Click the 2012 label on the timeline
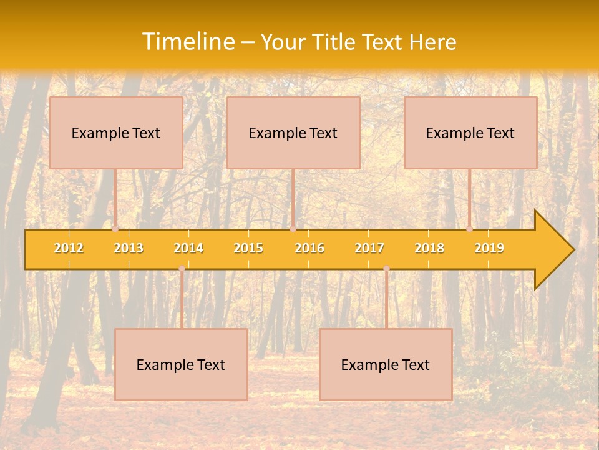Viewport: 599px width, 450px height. (69, 248)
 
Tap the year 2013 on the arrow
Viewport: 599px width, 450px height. (129, 248)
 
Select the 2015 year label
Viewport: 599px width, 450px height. (248, 248)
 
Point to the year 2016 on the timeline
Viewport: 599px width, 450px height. (309, 248)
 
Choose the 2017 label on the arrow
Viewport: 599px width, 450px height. (369, 248)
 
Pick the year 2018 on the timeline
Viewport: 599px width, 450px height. (429, 248)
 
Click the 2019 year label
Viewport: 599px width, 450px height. (489, 248)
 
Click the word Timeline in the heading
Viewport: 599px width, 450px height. (187, 42)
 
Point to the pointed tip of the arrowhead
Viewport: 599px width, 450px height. (573, 250)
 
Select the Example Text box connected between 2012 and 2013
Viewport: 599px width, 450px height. (116, 132)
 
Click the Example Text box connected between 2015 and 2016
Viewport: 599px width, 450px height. (293, 132)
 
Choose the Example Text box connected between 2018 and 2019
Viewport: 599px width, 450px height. (470, 132)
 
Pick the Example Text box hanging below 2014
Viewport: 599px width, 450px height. (181, 364)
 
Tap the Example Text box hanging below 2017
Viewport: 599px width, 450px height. (386, 364)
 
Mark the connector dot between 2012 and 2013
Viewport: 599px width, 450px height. (115, 229)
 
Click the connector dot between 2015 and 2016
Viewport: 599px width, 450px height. (293, 229)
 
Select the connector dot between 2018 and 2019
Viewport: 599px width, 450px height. (470, 229)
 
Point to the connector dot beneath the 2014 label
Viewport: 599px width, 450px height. (182, 269)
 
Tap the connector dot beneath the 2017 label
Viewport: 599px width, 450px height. (386, 269)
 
